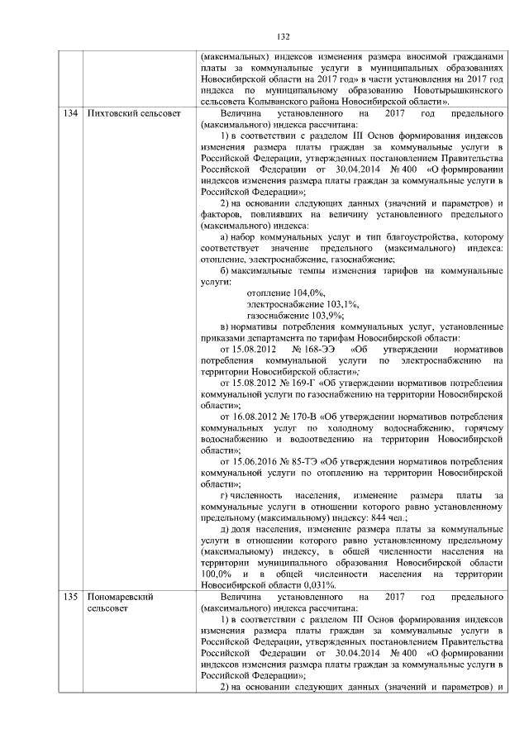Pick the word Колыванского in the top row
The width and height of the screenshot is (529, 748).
282,100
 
